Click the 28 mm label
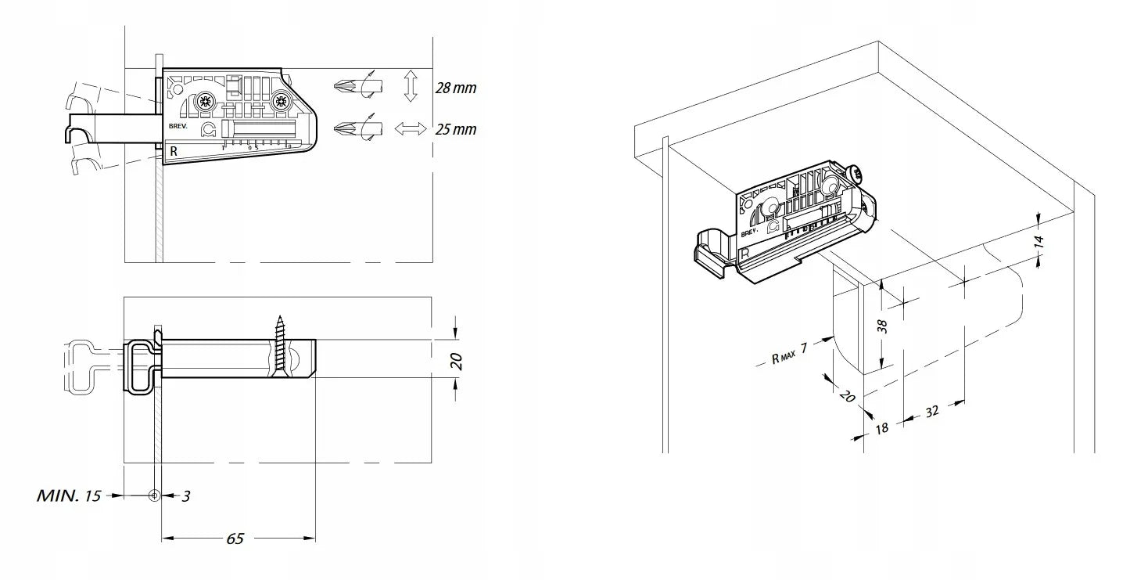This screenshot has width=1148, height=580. point(456,88)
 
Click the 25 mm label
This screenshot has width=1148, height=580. point(456,129)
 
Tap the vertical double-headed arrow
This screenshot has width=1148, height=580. point(411,86)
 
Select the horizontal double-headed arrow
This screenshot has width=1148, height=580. point(411,128)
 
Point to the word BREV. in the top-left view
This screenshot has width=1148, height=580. point(178,126)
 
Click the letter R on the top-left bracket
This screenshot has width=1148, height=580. point(174,151)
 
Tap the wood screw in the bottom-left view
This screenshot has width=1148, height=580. point(280,344)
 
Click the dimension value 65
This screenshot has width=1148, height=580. point(235,539)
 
